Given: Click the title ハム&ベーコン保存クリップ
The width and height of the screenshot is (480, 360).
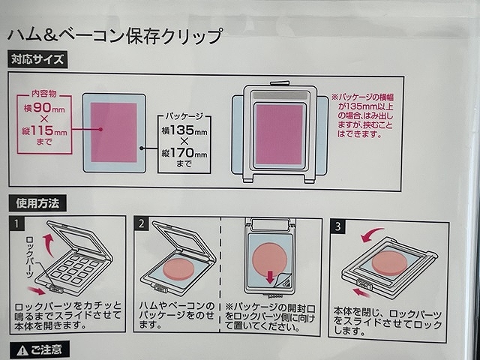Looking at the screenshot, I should (x=115, y=34).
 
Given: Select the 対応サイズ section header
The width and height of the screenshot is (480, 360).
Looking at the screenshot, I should (x=37, y=58).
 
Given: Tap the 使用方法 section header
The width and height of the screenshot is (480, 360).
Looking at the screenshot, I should (x=37, y=203).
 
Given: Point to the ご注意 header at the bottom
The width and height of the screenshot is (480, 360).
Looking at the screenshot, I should (x=40, y=350).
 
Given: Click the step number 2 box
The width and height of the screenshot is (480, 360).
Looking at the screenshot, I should (x=140, y=223).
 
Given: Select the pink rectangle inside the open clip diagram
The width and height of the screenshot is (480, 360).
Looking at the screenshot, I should (x=279, y=133).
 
